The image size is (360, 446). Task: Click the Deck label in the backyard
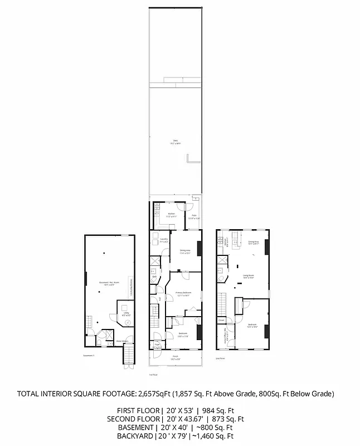[x=175, y=140]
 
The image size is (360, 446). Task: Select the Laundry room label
[x=164, y=240]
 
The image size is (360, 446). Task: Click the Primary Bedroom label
[x=184, y=293]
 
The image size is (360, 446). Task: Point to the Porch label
[x=175, y=356]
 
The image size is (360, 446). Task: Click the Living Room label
[x=249, y=275]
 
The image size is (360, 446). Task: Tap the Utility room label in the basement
[x=126, y=314]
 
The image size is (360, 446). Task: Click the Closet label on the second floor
[x=221, y=321]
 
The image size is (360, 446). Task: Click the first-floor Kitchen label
[x=172, y=214]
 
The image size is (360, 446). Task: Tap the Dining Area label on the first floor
[x=185, y=251]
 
